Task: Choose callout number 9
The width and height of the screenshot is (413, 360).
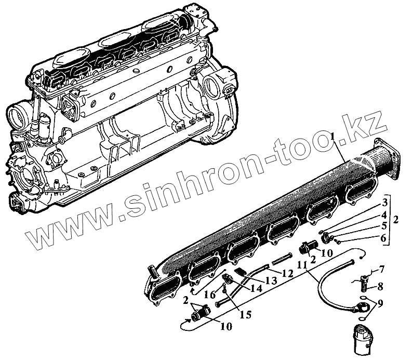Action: coord(381,303)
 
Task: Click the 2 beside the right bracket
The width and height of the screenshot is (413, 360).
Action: coord(397,219)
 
